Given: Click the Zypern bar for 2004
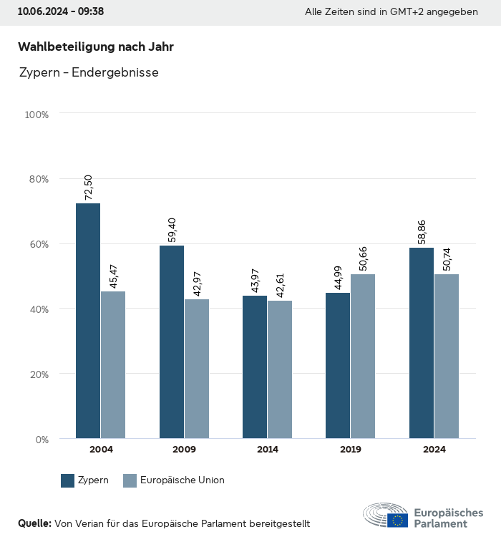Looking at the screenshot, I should click(x=88, y=321).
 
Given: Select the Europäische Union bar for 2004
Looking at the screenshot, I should click(x=113, y=364).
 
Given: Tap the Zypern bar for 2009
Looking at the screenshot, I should click(x=172, y=342).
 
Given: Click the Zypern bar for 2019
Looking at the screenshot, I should click(x=338, y=365).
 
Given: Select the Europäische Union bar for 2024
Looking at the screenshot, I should click(x=446, y=356).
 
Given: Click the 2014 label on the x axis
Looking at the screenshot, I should click(x=268, y=450).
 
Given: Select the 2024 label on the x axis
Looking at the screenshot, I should click(x=434, y=450).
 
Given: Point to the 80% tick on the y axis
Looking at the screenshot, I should click(x=37, y=179).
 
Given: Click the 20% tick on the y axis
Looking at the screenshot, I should click(x=37, y=374).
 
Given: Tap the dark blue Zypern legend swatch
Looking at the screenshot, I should click(x=68, y=480).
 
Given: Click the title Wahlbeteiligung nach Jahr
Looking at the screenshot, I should click(x=96, y=47).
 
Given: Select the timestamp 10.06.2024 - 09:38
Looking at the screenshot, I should click(x=61, y=12).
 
